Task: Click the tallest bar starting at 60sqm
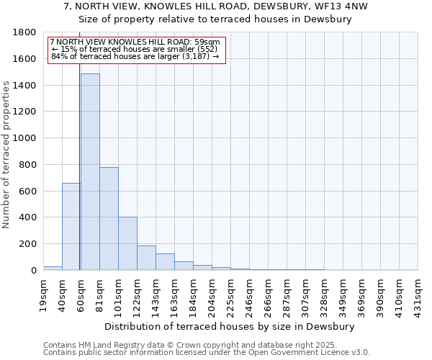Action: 90,173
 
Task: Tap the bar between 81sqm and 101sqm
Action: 109,219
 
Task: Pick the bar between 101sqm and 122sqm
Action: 127,243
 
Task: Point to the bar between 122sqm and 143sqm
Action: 146,258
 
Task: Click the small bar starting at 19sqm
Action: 53,268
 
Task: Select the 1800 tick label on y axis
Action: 25,32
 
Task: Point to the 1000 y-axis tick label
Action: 25,138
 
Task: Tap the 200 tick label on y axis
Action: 28,244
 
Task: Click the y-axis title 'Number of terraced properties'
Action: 6,155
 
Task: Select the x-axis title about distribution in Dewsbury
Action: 230,326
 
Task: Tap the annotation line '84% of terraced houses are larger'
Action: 135,56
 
